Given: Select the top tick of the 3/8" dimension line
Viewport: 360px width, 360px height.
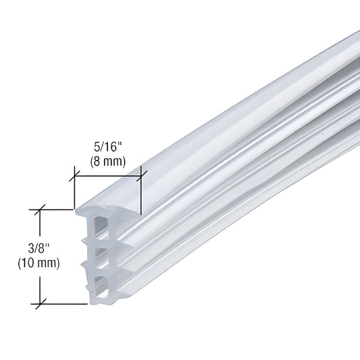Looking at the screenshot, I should click(x=41, y=209).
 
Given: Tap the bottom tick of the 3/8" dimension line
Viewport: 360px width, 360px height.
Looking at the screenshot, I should click(x=41, y=302).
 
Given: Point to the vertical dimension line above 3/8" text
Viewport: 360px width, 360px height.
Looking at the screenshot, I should click(x=41, y=226).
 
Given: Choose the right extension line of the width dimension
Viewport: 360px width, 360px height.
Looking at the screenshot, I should click(x=141, y=196).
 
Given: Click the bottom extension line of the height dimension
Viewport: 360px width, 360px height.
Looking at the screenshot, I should click(x=64, y=302).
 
